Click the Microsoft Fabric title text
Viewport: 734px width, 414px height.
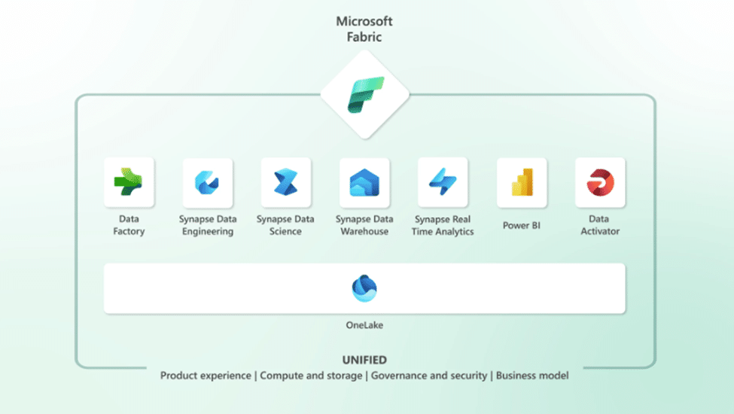coord(364,29)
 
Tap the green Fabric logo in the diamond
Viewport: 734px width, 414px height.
coord(366,95)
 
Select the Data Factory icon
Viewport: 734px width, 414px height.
coord(128,181)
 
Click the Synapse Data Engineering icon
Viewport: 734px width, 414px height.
coord(207,182)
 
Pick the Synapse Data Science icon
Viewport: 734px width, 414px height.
coord(285,182)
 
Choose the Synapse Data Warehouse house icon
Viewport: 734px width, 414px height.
coord(364,182)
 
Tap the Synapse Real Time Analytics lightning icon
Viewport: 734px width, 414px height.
coord(443,181)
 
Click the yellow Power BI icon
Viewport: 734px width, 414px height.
coord(522,182)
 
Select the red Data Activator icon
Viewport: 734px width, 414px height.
coord(600,182)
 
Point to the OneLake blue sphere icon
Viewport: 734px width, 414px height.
coord(364,288)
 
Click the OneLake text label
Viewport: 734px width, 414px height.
coord(364,325)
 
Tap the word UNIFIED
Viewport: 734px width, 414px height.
coord(364,360)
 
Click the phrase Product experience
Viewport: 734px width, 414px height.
coord(206,376)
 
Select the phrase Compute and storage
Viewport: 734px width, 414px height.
coord(311,376)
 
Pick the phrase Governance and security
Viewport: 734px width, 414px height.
coord(429,376)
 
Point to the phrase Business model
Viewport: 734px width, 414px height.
coord(532,376)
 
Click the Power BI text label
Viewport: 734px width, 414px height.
coord(522,226)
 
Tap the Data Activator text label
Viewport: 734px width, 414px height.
coord(600,225)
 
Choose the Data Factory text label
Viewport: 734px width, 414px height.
coord(129,225)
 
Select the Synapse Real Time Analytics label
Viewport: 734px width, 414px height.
coord(443,225)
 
